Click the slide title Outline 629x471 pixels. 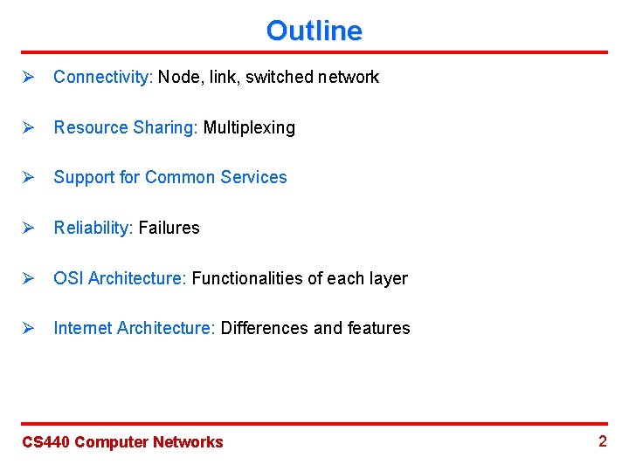314,31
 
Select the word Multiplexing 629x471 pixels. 249,127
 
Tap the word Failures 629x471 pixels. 169,228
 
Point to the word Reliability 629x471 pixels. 93,228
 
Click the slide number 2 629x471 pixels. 602,440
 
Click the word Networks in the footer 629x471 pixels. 188,442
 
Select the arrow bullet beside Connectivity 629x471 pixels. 27,77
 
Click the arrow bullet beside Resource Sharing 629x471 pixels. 27,127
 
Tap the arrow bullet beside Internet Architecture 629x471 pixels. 27,328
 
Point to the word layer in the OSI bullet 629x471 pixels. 388,278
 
